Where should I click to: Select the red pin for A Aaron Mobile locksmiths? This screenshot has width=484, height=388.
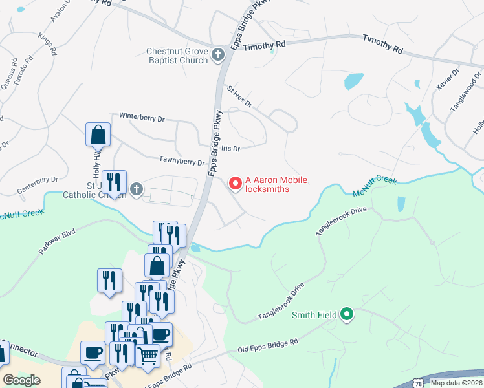(x=236, y=184)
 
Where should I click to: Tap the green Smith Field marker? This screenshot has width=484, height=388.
(x=346, y=315)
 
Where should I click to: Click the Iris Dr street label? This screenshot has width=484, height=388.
(x=230, y=148)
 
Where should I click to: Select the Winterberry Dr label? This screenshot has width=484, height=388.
(x=142, y=118)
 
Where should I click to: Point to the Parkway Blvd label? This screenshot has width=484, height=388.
(x=57, y=240)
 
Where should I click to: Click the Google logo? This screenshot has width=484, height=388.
(x=21, y=380)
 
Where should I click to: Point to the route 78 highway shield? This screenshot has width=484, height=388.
(x=419, y=383)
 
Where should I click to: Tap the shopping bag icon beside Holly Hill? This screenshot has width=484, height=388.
(x=98, y=135)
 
